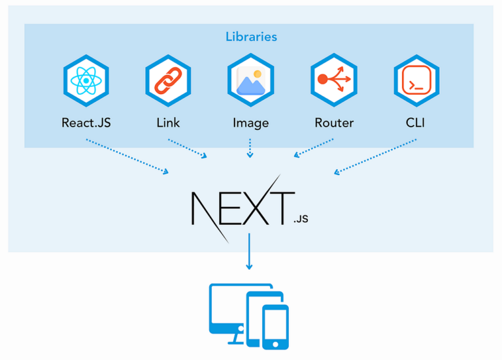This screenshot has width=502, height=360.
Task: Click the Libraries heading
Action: [251, 37]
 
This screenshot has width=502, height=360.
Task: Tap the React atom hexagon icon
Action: [86, 81]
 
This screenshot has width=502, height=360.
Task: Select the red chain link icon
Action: [168, 81]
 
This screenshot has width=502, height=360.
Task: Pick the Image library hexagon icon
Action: [250, 81]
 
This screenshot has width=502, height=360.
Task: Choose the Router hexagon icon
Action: [333, 81]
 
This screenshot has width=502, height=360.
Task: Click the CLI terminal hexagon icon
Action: [416, 81]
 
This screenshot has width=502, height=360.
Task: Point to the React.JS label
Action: [86, 122]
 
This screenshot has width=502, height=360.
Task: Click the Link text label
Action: [168, 122]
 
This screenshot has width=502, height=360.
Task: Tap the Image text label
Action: [250, 122]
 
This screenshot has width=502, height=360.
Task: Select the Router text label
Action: [333, 122]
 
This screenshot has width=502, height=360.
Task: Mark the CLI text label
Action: [416, 122]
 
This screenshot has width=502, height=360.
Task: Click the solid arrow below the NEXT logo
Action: [249, 252]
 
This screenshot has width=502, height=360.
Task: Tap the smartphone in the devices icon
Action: [275, 327]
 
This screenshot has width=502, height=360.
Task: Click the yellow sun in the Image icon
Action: [258, 73]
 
